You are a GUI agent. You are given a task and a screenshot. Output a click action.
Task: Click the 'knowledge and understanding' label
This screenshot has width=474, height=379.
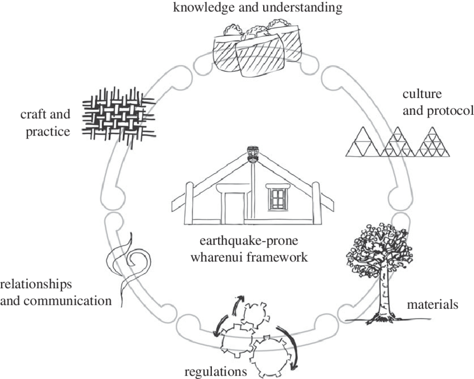258,7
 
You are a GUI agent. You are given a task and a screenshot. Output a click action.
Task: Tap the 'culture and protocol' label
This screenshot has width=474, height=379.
438,103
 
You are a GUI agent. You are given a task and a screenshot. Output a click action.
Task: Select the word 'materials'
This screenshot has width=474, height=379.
433,304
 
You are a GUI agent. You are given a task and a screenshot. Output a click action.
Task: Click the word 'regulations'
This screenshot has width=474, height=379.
216,371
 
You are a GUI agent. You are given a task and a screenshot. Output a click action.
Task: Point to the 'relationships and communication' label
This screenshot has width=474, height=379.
56,293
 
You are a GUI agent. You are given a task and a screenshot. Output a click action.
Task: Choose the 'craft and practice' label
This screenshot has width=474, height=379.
45,123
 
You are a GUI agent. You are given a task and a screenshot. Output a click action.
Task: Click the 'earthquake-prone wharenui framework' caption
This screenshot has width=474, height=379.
249,249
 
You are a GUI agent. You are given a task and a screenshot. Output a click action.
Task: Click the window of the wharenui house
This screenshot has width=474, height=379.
278,199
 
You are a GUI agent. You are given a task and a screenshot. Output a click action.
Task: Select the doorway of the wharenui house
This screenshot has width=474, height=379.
234,208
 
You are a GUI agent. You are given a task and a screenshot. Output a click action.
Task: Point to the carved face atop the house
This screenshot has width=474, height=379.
252,154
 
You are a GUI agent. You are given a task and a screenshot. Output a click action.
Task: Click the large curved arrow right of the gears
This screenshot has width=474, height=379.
289,346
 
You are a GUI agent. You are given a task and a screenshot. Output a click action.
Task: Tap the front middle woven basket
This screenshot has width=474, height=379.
260,55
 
